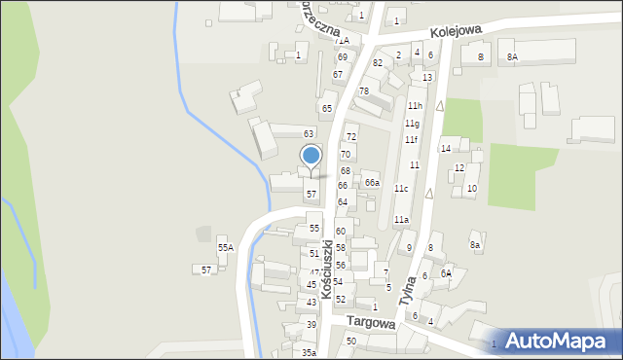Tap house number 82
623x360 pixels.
point(378,62)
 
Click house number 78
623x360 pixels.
point(363,91)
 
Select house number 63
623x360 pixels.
point(309,133)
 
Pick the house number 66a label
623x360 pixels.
point(372,183)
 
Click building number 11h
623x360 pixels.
point(415,105)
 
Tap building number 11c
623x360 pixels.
point(401,189)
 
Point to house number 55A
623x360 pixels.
point(225,249)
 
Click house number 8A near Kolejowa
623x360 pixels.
point(512,57)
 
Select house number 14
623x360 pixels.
point(445,149)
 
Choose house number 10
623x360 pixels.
point(471,188)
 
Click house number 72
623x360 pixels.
point(350,137)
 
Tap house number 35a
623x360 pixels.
point(309,352)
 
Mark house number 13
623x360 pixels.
point(427,77)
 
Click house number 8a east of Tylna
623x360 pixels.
point(475,245)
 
